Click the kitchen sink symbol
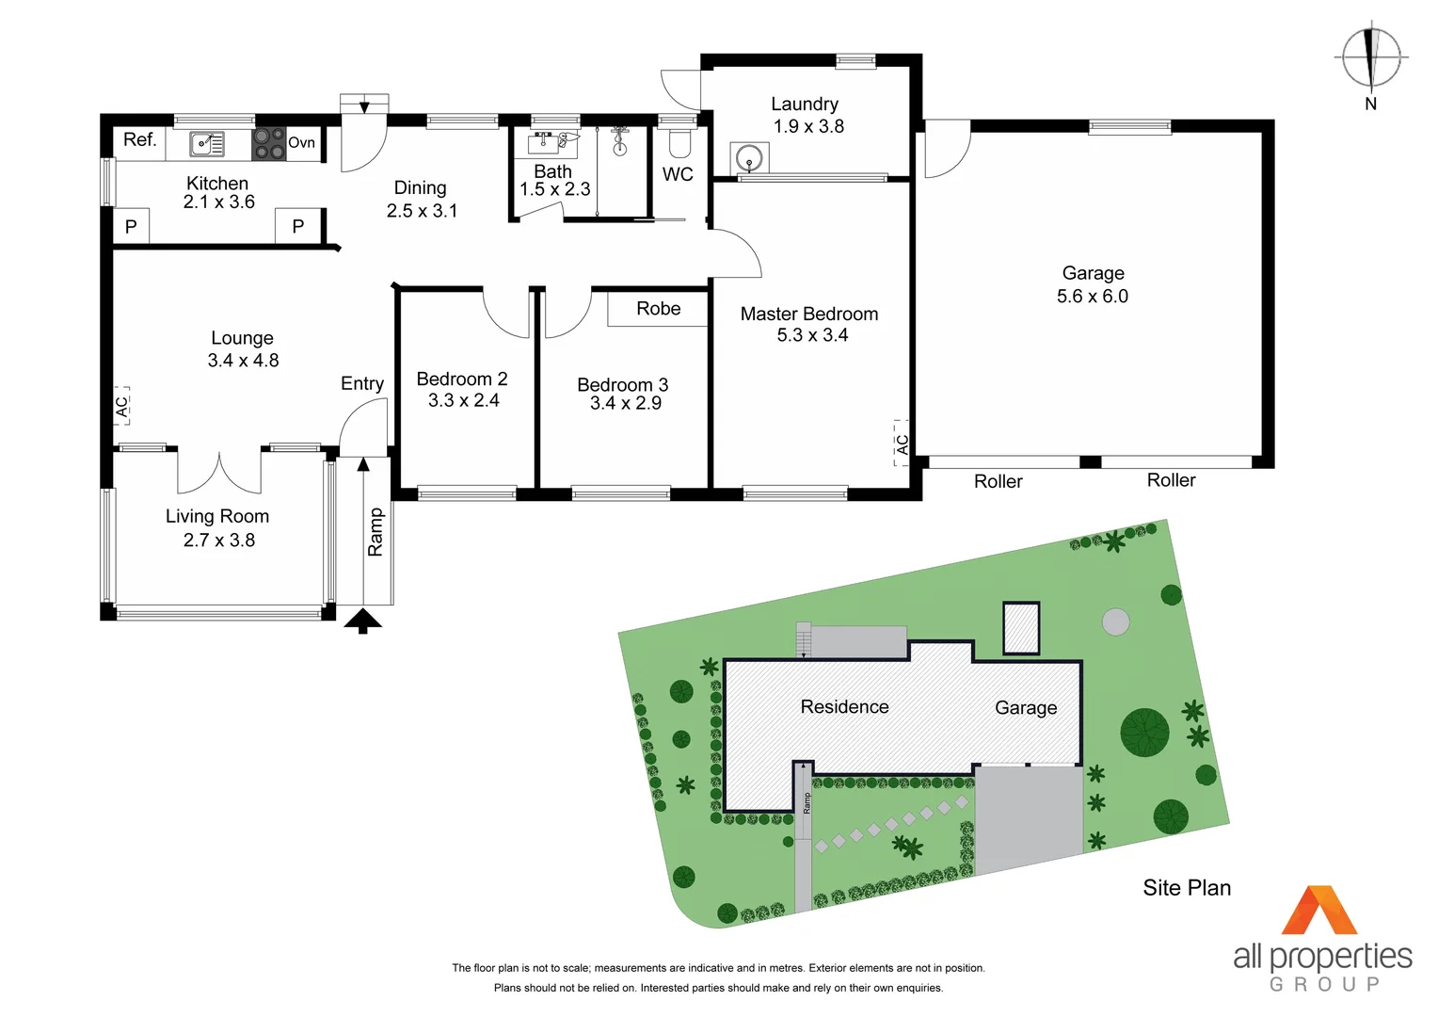(x=207, y=144)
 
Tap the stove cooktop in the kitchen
(x=268, y=144)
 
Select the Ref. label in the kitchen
(x=139, y=140)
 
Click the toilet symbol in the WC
(x=679, y=143)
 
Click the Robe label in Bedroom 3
(x=658, y=309)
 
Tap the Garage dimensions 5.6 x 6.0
(x=1092, y=297)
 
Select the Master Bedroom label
(x=808, y=315)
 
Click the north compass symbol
(x=1370, y=58)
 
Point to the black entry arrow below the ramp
(x=363, y=621)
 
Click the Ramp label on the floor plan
(x=375, y=532)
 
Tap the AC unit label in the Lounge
(x=121, y=407)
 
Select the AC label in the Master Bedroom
(x=903, y=444)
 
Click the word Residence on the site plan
(x=844, y=707)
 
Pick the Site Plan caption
(x=1186, y=888)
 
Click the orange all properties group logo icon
(x=1319, y=911)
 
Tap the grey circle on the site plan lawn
(x=1115, y=621)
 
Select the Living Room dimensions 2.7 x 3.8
(x=218, y=541)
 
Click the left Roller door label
(x=998, y=482)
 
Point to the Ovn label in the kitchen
(x=301, y=143)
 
